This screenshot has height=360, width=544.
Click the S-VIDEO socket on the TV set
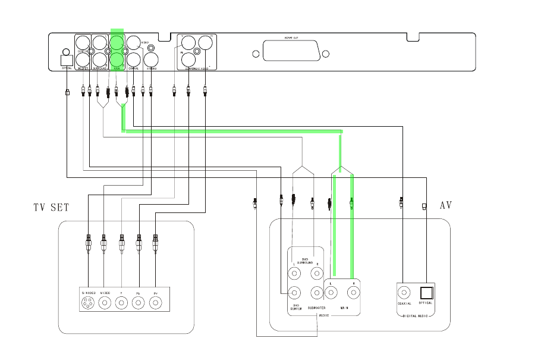(89, 303)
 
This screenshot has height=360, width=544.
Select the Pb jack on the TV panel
(139, 303)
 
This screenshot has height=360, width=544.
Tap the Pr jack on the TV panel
(155, 303)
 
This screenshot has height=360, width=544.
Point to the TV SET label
(51, 208)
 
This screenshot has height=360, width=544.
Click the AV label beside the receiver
(445, 205)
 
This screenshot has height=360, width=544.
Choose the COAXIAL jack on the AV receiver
(404, 292)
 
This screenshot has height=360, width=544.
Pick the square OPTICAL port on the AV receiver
(425, 292)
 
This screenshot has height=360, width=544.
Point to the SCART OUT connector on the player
(290, 54)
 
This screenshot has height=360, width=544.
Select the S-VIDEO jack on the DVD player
(152, 60)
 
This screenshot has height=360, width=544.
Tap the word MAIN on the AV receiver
(344, 308)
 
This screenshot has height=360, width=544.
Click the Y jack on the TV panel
(121, 303)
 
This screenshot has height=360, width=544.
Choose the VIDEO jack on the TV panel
(105, 303)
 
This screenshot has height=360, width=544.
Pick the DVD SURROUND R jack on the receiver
(316, 274)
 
